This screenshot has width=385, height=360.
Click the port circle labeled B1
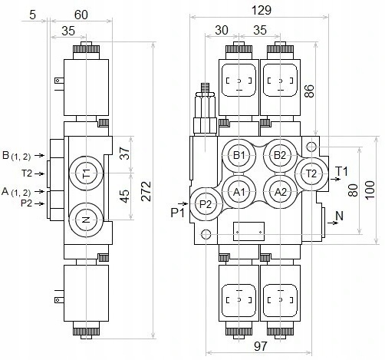coord(239,156)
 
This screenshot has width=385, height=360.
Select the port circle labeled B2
coord(280,156)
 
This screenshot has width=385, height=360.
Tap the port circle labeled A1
coord(239,192)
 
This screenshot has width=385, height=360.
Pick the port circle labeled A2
coord(280,192)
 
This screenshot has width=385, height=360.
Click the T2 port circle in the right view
coord(311,174)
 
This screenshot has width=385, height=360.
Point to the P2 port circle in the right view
coord(206,204)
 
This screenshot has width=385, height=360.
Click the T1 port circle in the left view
coord(86,173)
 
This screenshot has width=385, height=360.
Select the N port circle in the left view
coord(86,220)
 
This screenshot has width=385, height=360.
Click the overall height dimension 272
coord(146,191)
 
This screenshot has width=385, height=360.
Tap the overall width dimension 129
coord(262,11)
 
